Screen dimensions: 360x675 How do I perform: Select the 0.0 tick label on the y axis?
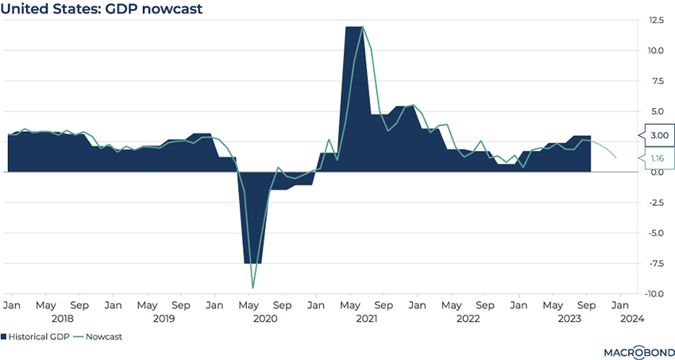655,172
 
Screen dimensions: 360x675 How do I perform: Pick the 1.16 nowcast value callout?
658,158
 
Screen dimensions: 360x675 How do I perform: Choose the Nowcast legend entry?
99,336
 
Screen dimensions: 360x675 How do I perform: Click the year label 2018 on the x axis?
62,319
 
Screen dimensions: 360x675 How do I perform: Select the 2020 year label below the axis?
265,319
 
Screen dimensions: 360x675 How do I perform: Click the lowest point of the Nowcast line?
253,288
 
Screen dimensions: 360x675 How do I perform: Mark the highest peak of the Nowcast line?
362,27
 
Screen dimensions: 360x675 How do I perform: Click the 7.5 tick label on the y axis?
655,80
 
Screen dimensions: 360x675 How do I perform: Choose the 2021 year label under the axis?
366,319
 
